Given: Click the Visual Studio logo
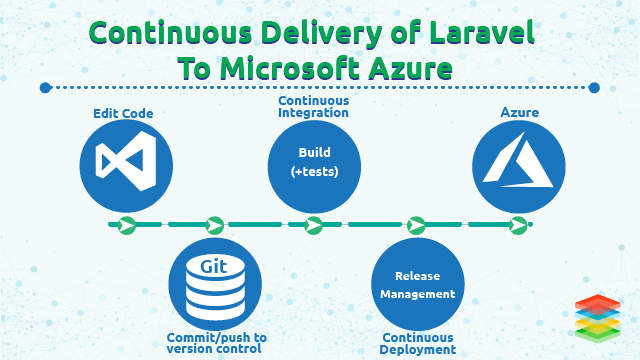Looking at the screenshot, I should tap(126, 163).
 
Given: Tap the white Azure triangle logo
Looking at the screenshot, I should tap(518, 163).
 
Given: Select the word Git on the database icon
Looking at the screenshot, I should tap(214, 267).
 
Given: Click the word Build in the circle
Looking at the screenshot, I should tap(314, 153).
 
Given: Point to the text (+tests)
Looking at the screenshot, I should tap(314, 172).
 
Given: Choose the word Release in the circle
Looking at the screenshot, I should tap(418, 275).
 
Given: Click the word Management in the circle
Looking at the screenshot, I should tap(418, 294).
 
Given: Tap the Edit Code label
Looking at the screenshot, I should tap(123, 114).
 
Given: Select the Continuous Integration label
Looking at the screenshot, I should tap(314, 108).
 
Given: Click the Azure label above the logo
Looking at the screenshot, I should tap(519, 113).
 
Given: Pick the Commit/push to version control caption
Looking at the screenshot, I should tap(217, 343).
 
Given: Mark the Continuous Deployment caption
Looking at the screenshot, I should tap(418, 343).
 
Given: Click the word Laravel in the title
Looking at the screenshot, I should tap(476, 33).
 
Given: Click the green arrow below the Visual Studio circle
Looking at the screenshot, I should tap(126, 225).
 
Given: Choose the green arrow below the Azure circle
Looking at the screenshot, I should tap(518, 225).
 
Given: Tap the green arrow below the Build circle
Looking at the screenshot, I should tap(314, 225).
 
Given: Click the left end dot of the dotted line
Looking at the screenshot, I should tap(44, 88).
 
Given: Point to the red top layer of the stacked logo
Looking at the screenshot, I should tap(598, 302).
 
